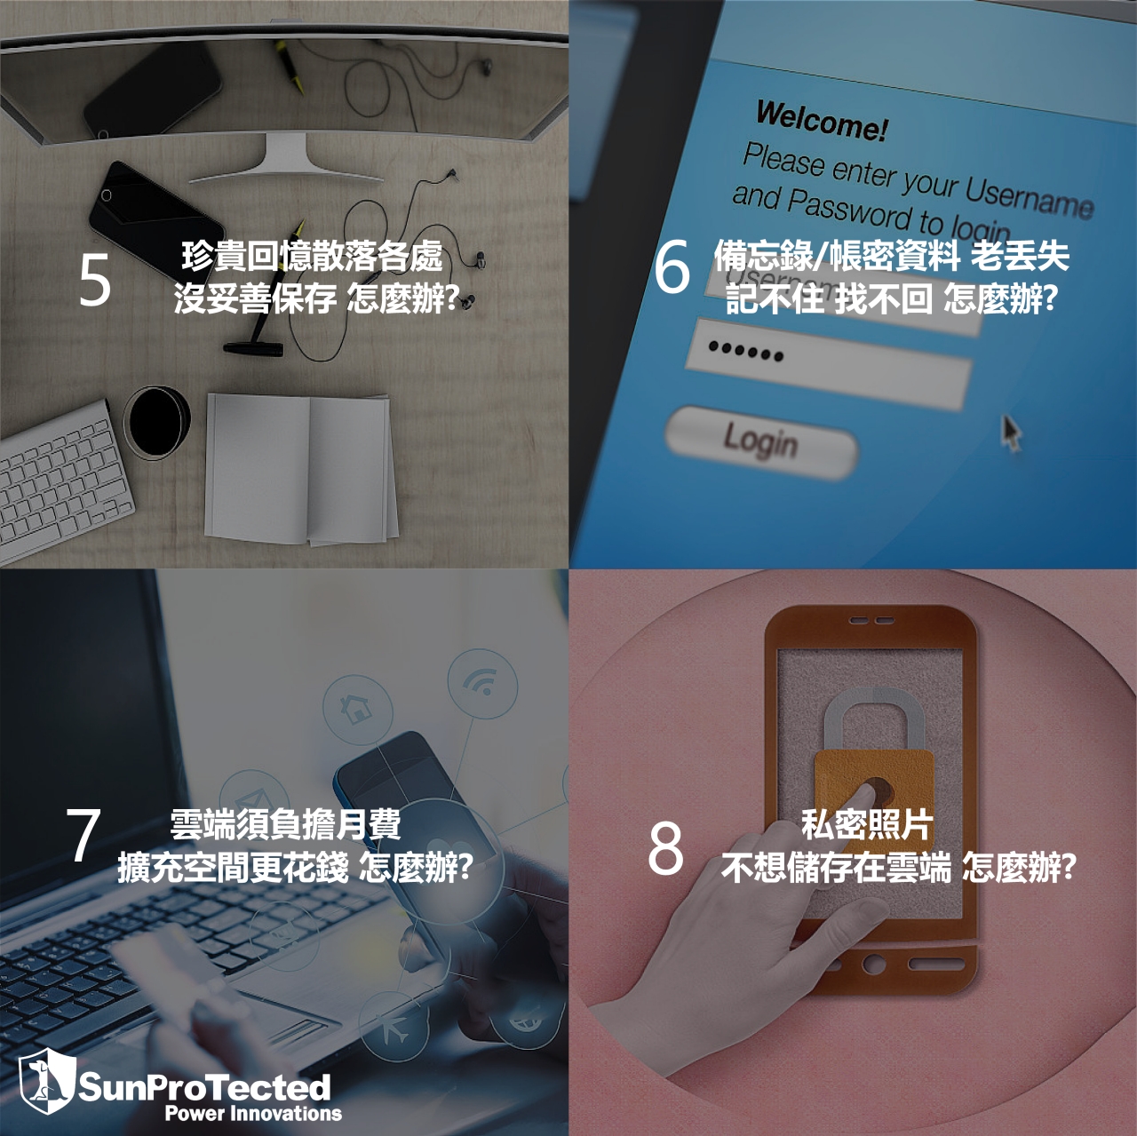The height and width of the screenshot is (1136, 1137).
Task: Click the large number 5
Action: [95, 281]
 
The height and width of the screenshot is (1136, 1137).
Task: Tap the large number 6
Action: [672, 267]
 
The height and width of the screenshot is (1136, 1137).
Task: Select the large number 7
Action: [83, 836]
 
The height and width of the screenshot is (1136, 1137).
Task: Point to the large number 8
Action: [665, 848]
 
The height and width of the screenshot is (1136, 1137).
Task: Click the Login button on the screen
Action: [760, 441]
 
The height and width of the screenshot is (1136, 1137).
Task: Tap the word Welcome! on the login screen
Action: [821, 121]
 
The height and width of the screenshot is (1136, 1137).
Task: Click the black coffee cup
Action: [157, 421]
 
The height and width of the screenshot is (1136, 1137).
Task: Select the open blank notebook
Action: [300, 468]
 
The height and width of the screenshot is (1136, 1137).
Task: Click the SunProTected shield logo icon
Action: [46, 1080]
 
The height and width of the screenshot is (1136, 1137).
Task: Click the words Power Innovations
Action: [253, 1114]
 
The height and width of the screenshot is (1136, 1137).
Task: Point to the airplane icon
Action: [392, 1029]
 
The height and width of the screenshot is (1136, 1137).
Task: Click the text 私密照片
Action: [866, 825]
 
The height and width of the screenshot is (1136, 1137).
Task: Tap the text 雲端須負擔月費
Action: [285, 824]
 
